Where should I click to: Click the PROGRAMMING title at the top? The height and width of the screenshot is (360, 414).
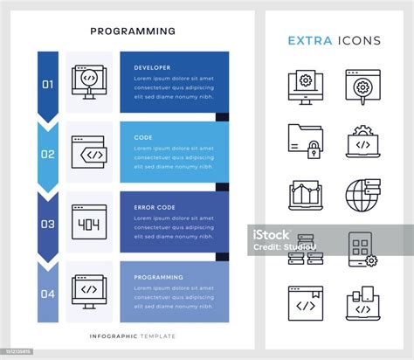click(133, 31)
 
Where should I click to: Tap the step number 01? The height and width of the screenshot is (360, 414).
click(48, 85)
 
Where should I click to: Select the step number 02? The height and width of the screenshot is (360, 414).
click(48, 155)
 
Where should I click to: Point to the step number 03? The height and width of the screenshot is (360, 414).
click(48, 225)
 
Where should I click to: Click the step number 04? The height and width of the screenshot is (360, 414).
click(48, 294)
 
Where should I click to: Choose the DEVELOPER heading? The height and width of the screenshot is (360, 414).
click(153, 67)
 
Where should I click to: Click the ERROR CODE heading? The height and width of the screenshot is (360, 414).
click(155, 207)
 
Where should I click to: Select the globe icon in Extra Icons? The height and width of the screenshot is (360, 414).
click(362, 193)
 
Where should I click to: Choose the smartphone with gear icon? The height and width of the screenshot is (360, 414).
click(362, 249)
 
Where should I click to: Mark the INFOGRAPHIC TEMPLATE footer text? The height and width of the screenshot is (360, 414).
click(133, 336)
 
